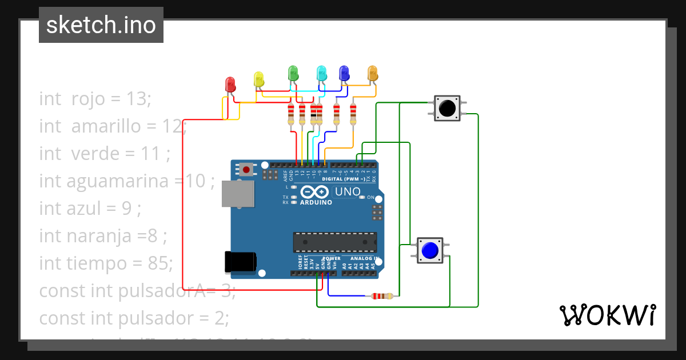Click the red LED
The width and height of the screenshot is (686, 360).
230,85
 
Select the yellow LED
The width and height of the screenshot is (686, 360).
258,79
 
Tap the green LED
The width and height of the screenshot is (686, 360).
293,73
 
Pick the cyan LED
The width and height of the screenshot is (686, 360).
321,73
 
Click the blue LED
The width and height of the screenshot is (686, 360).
344,73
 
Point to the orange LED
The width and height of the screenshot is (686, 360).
373,73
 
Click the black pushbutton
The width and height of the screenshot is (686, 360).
447,108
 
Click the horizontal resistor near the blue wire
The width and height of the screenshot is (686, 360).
382,296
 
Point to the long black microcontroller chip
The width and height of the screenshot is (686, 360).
335,242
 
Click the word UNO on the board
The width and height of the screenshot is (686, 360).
348,192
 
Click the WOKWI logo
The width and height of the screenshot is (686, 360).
607,315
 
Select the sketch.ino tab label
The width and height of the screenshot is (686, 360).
101,25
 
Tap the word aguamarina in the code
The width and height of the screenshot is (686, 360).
119,181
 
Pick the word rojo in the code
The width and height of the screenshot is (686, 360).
89,99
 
